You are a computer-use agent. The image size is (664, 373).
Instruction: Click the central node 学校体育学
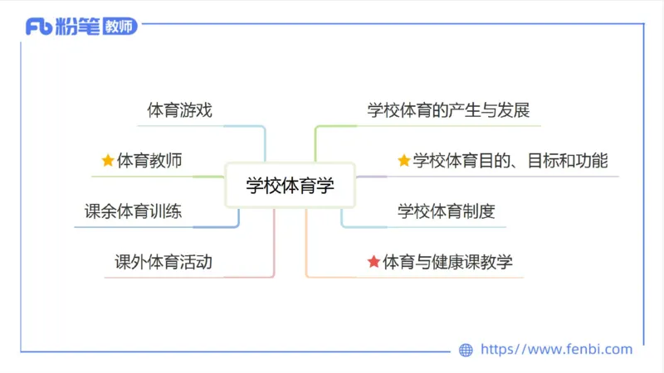click(x=290, y=185)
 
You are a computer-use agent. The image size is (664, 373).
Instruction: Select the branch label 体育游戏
click(x=179, y=110)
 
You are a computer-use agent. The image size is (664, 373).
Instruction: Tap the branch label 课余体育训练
click(x=133, y=211)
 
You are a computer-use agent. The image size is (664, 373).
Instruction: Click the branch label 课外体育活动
click(x=164, y=263)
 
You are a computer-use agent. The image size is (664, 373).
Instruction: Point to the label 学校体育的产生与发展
click(x=448, y=110)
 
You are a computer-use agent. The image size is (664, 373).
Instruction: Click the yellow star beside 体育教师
click(x=107, y=161)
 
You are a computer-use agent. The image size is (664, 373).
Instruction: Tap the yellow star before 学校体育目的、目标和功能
click(x=404, y=161)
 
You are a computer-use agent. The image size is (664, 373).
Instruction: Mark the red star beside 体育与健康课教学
click(x=373, y=263)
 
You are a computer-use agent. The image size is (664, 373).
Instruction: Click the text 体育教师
click(x=149, y=161)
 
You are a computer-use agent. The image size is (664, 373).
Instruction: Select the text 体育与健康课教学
click(x=447, y=263)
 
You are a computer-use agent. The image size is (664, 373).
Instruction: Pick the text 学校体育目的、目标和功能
click(x=510, y=161)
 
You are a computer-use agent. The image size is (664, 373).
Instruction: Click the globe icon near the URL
click(x=466, y=350)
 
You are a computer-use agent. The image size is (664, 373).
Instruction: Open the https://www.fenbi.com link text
click(x=557, y=350)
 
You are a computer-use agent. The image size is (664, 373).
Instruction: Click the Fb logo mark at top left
click(x=39, y=27)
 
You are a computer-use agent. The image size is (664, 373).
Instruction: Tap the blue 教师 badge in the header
click(x=120, y=27)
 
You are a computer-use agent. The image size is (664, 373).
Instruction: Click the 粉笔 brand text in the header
click(x=78, y=27)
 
